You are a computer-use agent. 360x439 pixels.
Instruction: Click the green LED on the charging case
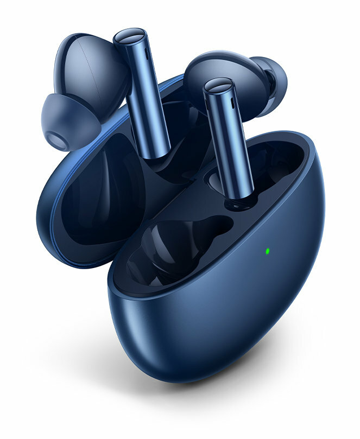[268, 251]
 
